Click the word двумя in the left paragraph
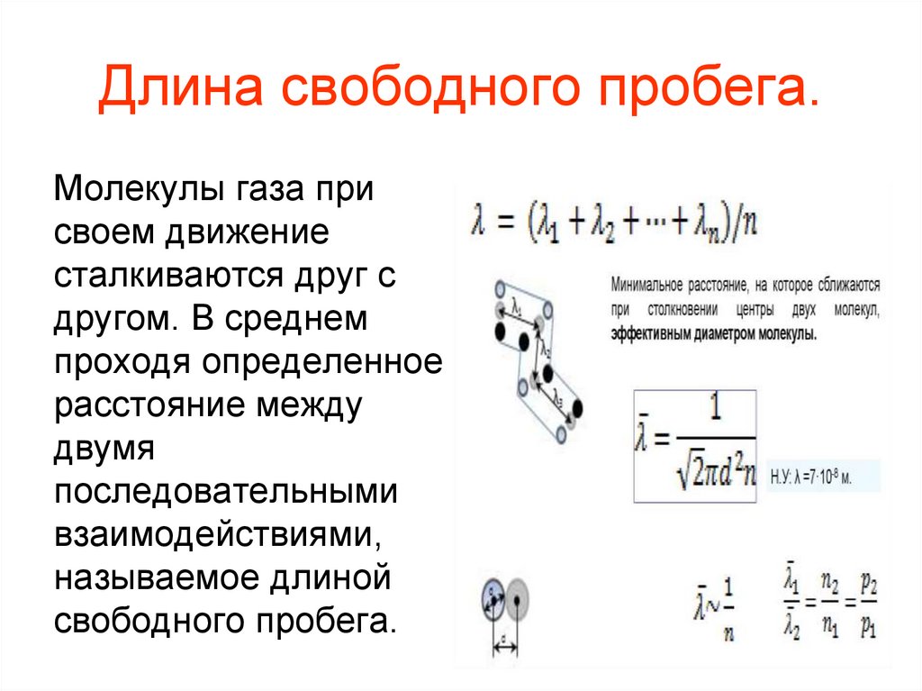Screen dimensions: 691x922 click(x=106, y=448)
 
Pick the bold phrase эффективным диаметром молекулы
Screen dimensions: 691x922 click(x=713, y=333)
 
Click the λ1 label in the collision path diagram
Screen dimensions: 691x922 click(x=516, y=305)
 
